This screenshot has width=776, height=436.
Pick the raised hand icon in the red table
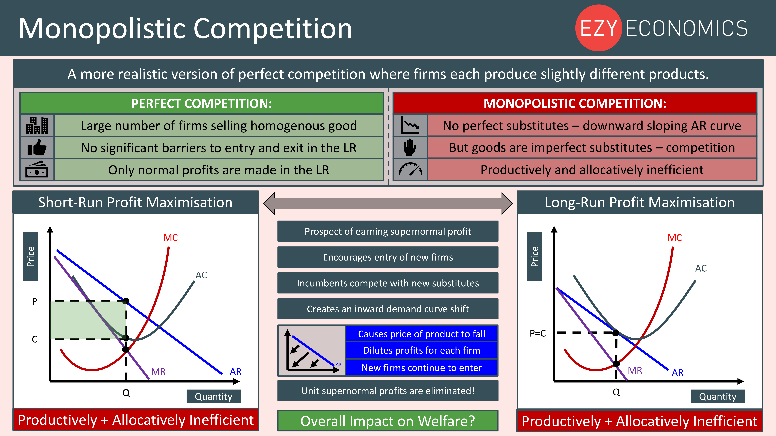[410, 147]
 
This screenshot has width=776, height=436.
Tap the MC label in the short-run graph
[171, 238]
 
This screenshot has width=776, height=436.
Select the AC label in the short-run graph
[201, 275]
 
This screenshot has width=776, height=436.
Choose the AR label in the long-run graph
[677, 373]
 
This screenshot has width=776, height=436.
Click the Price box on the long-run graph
[534, 256]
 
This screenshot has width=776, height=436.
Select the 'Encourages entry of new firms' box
[388, 257]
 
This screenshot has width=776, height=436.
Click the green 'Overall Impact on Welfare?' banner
[388, 421]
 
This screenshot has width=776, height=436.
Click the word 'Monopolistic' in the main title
[101, 29]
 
